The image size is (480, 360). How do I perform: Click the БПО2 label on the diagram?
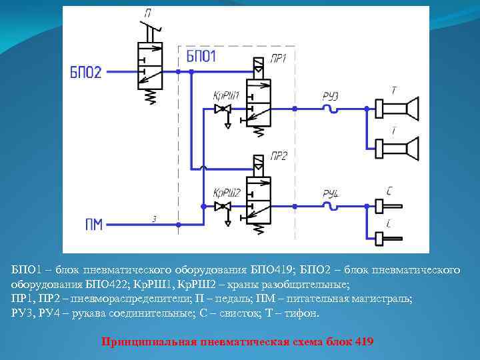85,72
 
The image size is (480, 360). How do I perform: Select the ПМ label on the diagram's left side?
94,224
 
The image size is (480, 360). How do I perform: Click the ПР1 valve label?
278,59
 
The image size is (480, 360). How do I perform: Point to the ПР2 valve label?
279,157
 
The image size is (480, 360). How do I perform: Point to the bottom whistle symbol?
383,237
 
